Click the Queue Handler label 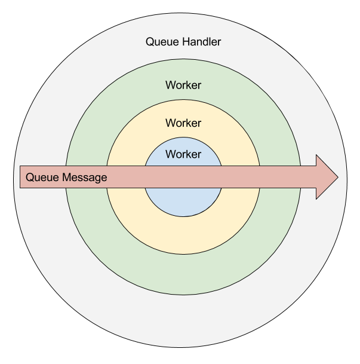click(183, 42)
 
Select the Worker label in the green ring click(183, 85)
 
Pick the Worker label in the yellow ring click(183, 123)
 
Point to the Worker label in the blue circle click(183, 154)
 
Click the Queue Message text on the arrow click(66, 178)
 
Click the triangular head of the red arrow click(326, 177)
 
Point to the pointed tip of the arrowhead click(337, 177)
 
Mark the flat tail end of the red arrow click(21, 178)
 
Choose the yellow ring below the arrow click(183, 233)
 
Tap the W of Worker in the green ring click(170, 85)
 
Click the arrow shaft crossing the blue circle click(183, 178)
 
